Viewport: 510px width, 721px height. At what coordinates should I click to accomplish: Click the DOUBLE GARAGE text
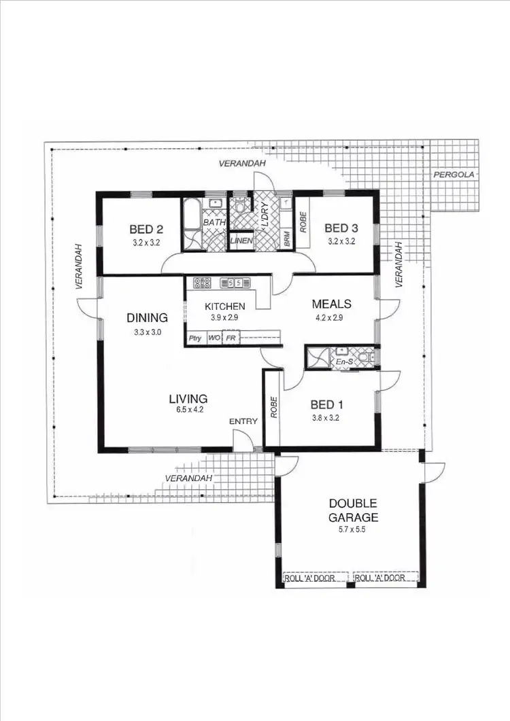coord(353,510)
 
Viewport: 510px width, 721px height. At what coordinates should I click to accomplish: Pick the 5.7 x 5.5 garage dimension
coord(352,529)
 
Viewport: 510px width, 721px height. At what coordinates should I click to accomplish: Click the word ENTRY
coord(243,421)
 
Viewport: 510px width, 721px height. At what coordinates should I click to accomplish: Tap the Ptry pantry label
coord(194,337)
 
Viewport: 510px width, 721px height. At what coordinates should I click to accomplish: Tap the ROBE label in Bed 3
coord(304,223)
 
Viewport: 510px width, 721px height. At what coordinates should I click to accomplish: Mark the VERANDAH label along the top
coord(241,164)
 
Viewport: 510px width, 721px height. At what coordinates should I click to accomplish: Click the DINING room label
coord(148,317)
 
